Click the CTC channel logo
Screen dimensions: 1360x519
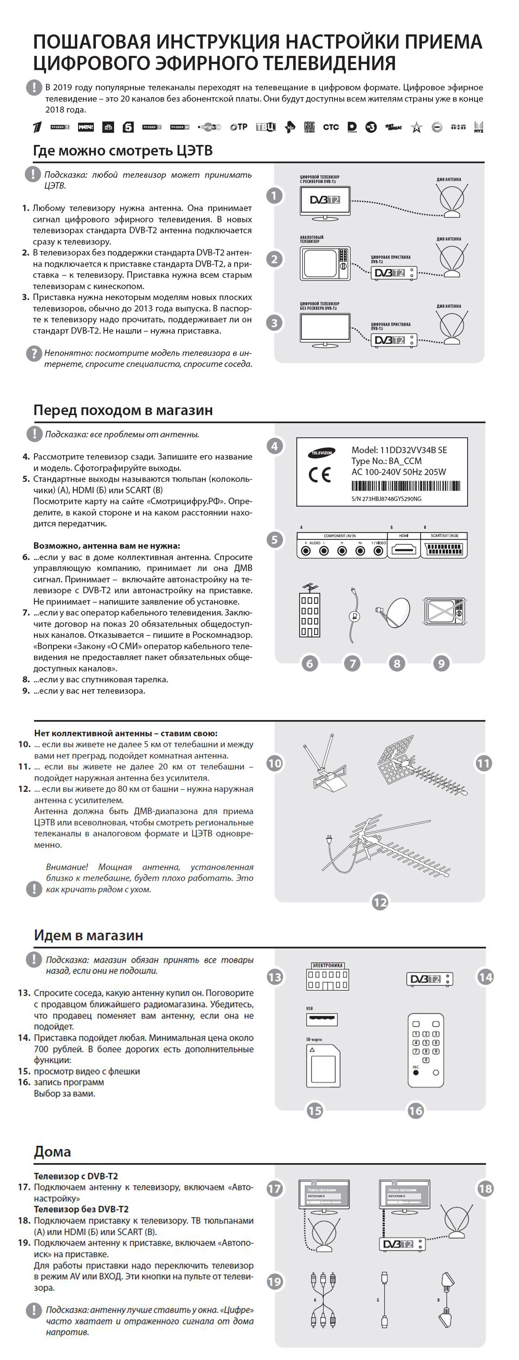[x=330, y=127]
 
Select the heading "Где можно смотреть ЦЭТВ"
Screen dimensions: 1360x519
[x=123, y=151]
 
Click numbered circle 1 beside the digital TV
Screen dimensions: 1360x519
[x=274, y=196]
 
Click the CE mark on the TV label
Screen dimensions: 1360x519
[x=320, y=475]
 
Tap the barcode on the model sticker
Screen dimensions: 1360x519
[x=405, y=486]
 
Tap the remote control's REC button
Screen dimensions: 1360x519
[x=416, y=1073]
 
